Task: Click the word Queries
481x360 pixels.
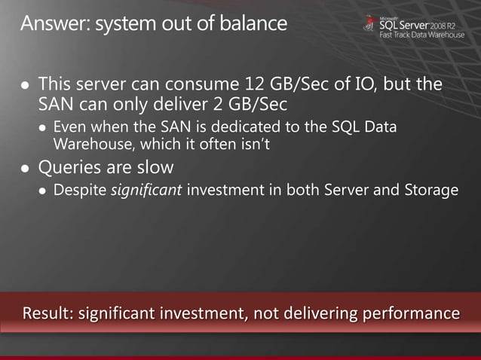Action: coord(71,166)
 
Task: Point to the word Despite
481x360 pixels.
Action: coord(79,190)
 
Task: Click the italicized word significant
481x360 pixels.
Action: coord(146,190)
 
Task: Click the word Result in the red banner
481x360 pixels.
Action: coord(47,311)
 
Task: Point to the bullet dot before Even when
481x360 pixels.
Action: coord(42,127)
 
